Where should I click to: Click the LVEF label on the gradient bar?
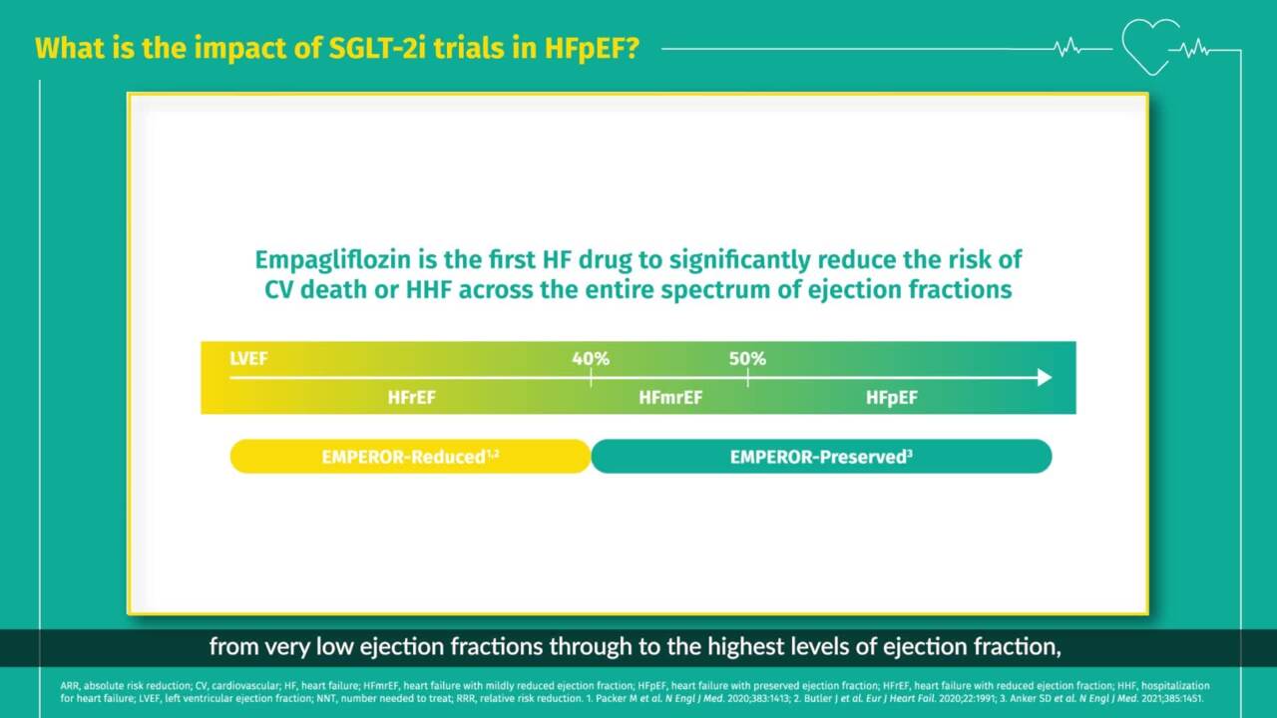(x=248, y=358)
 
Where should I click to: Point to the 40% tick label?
(x=591, y=358)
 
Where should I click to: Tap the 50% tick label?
(x=747, y=358)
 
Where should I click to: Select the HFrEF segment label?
(x=412, y=398)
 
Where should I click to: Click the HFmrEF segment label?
(x=670, y=398)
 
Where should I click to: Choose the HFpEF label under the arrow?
(x=891, y=398)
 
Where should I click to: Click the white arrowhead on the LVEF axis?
(x=1044, y=377)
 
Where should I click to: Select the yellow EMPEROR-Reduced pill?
(x=410, y=457)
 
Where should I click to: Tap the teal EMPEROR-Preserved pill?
(x=821, y=457)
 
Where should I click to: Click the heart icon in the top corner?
(x=1150, y=46)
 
